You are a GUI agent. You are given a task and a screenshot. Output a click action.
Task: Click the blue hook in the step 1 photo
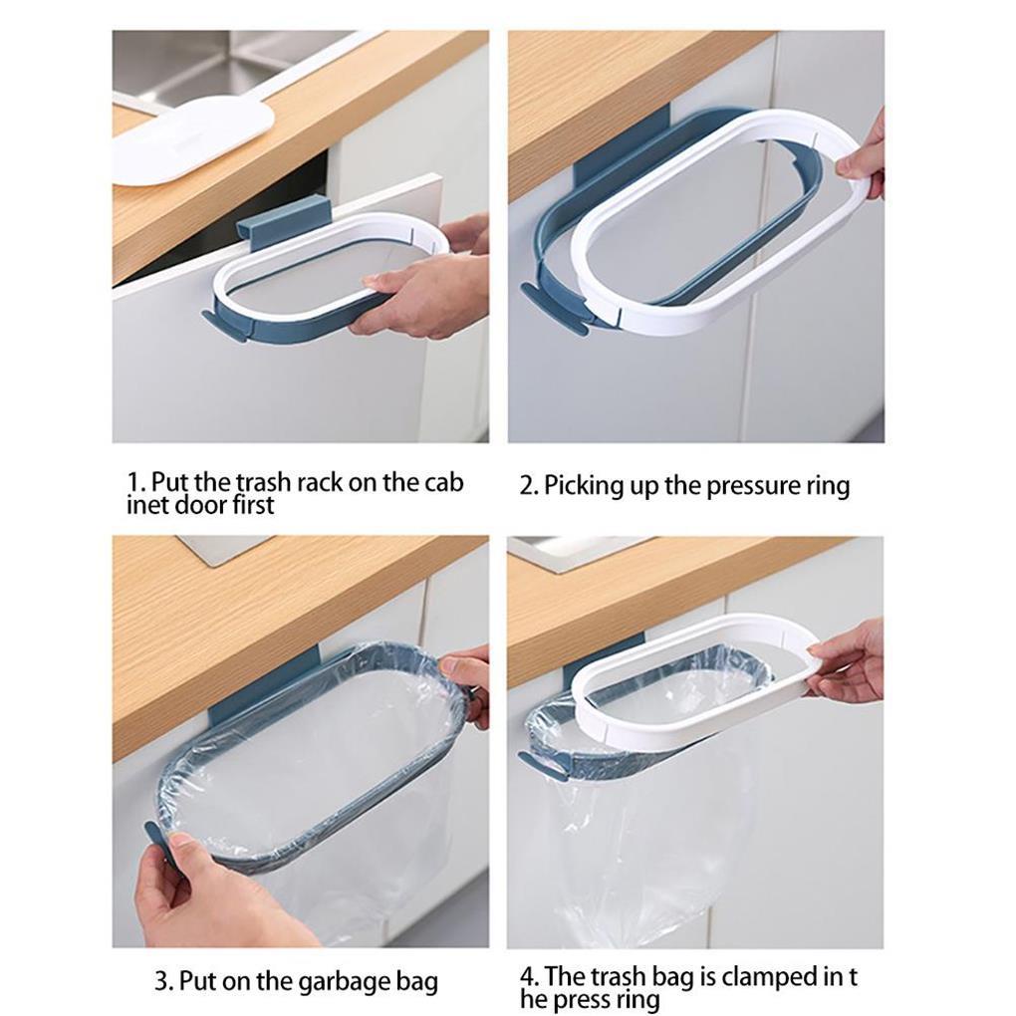click(x=284, y=223)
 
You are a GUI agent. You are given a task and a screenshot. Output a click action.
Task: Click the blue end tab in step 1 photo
click(x=224, y=326)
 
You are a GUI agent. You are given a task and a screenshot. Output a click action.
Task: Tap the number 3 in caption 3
click(x=161, y=981)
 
